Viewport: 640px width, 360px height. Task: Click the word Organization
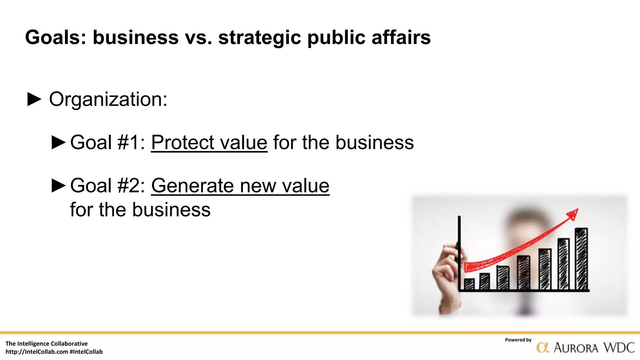pos(108,99)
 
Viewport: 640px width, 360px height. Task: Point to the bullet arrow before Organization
pos(34,99)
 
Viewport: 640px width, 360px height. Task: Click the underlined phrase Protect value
pos(209,143)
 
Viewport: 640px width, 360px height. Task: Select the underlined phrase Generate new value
pos(240,186)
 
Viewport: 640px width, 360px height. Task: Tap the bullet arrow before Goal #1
pos(58,143)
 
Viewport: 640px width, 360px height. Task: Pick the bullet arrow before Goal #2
pos(58,186)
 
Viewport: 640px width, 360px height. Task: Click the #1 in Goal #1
pos(128,143)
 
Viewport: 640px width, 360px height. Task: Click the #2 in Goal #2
pos(128,186)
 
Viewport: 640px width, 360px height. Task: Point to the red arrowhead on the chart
pos(573,214)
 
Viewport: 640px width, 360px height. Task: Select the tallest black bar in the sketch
pos(581,259)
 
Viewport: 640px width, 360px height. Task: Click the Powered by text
pos(518,340)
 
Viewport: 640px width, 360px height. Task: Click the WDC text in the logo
pos(619,348)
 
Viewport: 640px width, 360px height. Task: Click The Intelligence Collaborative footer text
pos(47,344)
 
